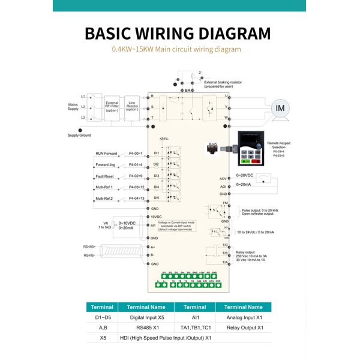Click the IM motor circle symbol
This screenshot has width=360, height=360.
click(281, 108)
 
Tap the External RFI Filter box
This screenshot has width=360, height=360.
click(112, 106)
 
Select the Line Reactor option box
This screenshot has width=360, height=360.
click(132, 106)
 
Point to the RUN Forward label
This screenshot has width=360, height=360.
click(107, 154)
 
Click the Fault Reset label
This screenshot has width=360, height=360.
click(105, 176)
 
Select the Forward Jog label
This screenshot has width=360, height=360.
click(105, 165)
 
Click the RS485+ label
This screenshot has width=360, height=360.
click(89, 247)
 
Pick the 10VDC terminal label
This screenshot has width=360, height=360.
click(156, 217)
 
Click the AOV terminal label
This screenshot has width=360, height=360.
click(223, 179)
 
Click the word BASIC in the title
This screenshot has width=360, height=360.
click(115, 33)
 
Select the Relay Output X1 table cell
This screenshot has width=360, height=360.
click(243, 328)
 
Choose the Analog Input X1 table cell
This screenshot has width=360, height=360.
click(243, 317)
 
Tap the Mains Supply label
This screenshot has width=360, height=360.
click(73, 106)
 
